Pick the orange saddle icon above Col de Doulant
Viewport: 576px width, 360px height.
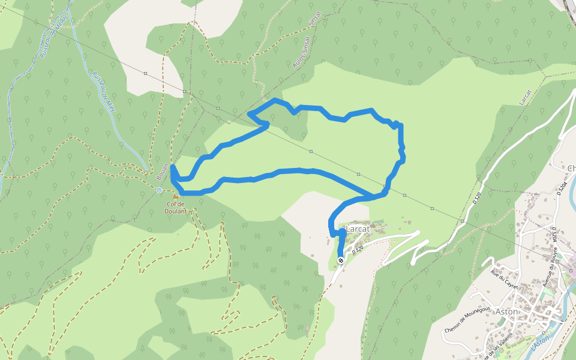point(176,196)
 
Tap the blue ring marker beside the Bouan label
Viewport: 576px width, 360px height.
point(159,190)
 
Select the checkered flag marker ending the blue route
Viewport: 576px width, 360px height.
point(341,260)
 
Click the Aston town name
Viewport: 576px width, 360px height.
point(507,311)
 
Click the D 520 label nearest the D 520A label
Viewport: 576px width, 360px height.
point(478,197)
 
